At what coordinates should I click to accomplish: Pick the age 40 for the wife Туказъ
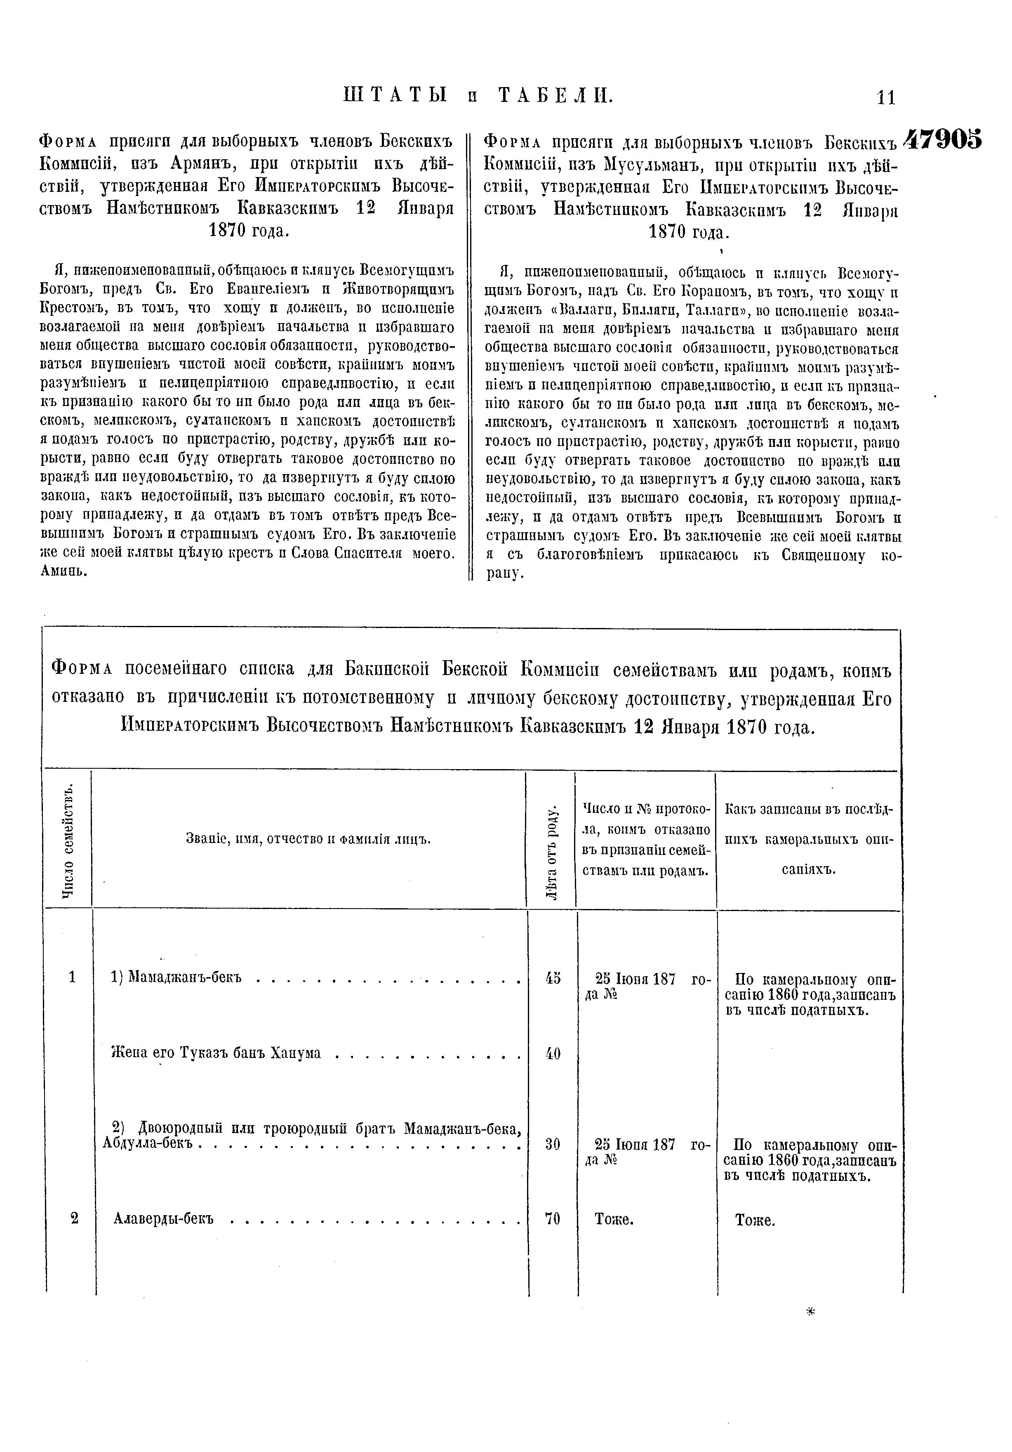pyautogui.click(x=553, y=1053)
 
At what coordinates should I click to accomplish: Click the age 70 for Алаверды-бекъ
pyautogui.click(x=553, y=1218)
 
